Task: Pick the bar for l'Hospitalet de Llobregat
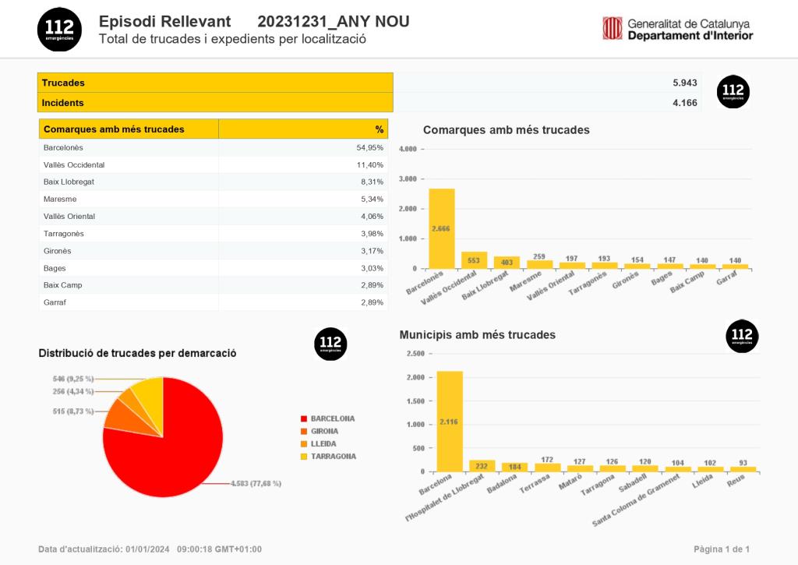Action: tap(482, 465)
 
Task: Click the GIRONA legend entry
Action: tap(324, 431)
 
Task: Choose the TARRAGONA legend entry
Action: tap(333, 456)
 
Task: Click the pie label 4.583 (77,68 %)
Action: tap(256, 483)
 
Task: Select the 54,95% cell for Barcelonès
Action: tap(369, 147)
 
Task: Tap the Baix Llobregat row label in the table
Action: tap(69, 182)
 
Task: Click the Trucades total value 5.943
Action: tap(685, 83)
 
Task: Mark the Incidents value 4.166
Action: tap(685, 102)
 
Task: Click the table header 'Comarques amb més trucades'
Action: tap(114, 129)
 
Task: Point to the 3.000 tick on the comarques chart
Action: tap(408, 178)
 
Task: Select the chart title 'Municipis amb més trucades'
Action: tap(477, 334)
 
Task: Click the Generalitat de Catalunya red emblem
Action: tap(612, 28)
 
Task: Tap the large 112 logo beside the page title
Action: tap(59, 29)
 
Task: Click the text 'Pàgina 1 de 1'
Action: tap(722, 549)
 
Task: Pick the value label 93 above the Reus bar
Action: tap(743, 462)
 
